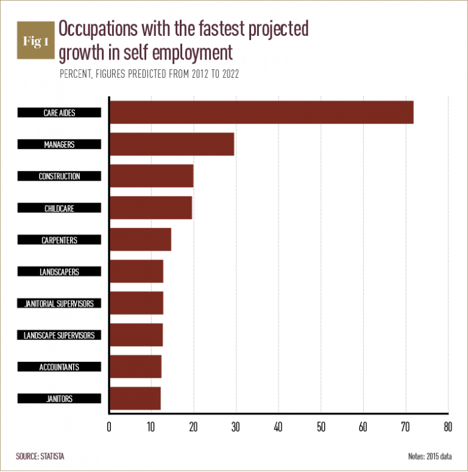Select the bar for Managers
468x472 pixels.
171,144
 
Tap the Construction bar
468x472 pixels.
151,176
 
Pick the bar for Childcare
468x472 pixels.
151,208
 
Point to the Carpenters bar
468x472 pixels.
140,240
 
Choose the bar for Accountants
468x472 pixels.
135,367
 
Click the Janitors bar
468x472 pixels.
135,398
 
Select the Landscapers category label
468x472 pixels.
59,272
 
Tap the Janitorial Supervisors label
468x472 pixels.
59,304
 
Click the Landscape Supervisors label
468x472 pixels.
59,335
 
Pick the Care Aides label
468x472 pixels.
59,113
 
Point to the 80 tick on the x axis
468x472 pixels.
448,427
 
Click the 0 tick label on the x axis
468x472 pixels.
109,427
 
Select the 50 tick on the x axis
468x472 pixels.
321,427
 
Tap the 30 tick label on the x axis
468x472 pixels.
236,427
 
